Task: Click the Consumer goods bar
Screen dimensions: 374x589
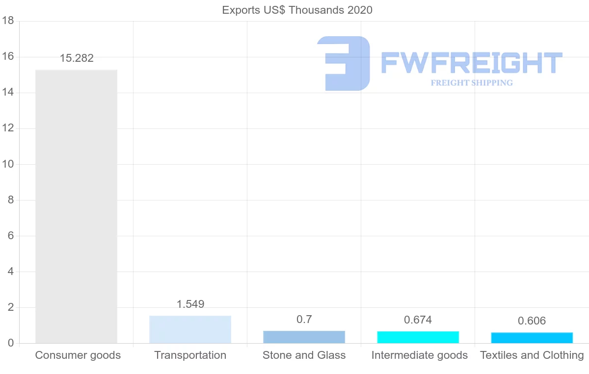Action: pyautogui.click(x=76, y=206)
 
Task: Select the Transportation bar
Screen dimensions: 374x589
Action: pyautogui.click(x=190, y=329)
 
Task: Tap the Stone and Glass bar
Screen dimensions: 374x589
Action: pyautogui.click(x=304, y=337)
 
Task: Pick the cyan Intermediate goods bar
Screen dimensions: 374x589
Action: pyautogui.click(x=418, y=337)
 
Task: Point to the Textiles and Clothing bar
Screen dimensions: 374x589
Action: pyautogui.click(x=532, y=338)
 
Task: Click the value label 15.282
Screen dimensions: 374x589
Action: pyautogui.click(x=77, y=58)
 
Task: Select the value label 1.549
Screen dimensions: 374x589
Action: pyautogui.click(x=190, y=304)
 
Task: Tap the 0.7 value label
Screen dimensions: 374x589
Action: pyautogui.click(x=304, y=320)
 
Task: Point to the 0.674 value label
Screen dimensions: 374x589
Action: pyautogui.click(x=418, y=320)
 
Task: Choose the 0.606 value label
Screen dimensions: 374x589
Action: pyautogui.click(x=532, y=321)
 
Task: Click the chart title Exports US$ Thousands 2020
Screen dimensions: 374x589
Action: pyautogui.click(x=297, y=10)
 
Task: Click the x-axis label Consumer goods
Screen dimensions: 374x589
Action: pyautogui.click(x=78, y=355)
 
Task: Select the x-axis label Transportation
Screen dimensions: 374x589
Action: pyautogui.click(x=190, y=355)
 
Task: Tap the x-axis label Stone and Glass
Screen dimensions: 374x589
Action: pyautogui.click(x=304, y=355)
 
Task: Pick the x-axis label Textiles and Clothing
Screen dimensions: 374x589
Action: pyautogui.click(x=532, y=355)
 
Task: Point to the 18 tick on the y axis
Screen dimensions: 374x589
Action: pyautogui.click(x=7, y=21)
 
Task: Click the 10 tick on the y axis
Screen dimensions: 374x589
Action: pyautogui.click(x=7, y=164)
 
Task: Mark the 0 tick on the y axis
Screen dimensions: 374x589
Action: pyautogui.click(x=10, y=343)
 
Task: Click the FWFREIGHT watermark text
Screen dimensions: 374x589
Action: pyautogui.click(x=471, y=63)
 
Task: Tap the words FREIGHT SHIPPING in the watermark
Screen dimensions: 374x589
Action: pyautogui.click(x=472, y=83)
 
